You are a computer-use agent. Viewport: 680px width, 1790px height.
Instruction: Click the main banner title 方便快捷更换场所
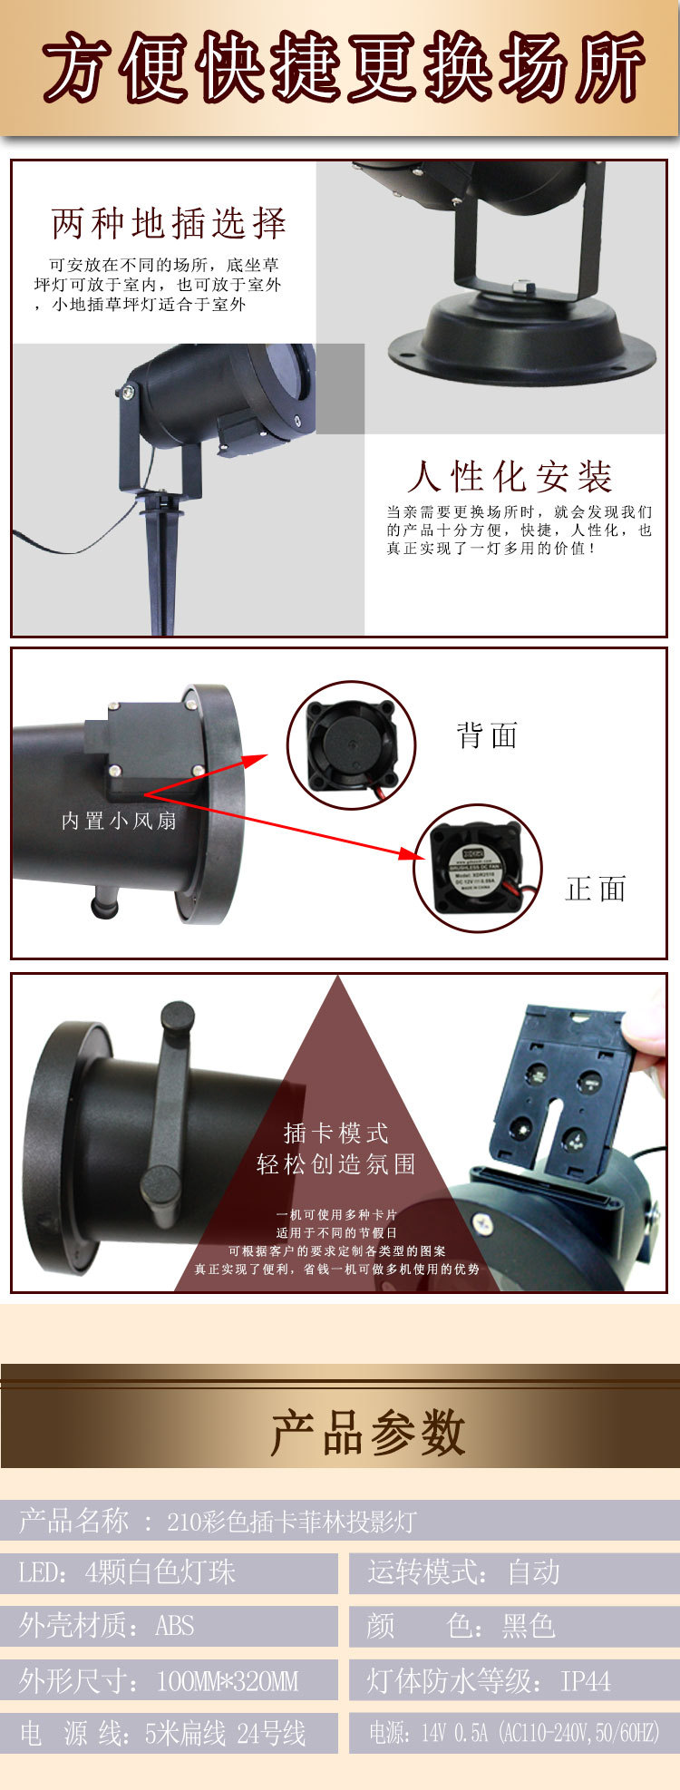pos(343,68)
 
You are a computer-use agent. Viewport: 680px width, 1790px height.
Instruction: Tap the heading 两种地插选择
pos(170,223)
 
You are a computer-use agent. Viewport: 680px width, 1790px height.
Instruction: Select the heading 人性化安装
pos(510,476)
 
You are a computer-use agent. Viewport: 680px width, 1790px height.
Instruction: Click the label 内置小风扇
pos(119,821)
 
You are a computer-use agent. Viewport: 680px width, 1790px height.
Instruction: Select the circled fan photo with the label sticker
pos(478,867)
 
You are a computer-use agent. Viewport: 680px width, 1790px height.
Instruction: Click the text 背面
pos(487,735)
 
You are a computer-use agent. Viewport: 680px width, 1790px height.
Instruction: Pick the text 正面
pos(596,889)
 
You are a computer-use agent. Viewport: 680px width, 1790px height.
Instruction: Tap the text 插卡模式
pos(336,1133)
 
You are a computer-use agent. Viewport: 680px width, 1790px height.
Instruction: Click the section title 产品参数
pos(367,1434)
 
